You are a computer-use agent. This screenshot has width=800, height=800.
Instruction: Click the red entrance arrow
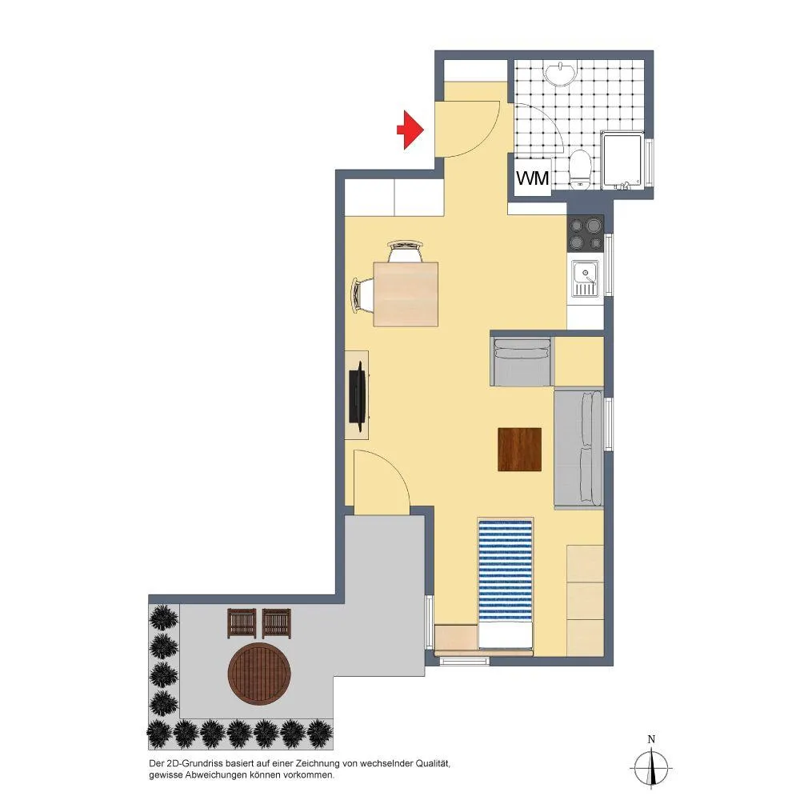click(x=410, y=130)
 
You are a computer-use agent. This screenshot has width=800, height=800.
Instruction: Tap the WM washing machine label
click(x=532, y=178)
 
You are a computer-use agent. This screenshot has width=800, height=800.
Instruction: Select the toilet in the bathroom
click(x=579, y=169)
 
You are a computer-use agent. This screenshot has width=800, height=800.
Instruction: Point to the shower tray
click(x=623, y=160)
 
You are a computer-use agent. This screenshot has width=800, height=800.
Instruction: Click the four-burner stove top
click(x=586, y=233)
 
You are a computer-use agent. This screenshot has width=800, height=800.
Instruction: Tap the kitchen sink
click(x=586, y=278)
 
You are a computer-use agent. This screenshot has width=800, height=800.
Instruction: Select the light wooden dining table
click(x=406, y=294)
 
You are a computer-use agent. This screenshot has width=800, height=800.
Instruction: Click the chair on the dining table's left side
click(x=362, y=295)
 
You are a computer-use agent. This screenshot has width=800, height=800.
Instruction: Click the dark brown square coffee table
click(x=519, y=449)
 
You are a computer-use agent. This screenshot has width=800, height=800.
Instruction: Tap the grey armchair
click(x=522, y=362)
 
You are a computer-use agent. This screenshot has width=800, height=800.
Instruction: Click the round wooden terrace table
click(x=259, y=674)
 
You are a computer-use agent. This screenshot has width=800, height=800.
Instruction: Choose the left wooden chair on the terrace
click(x=242, y=623)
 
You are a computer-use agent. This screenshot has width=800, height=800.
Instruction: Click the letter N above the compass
click(x=651, y=739)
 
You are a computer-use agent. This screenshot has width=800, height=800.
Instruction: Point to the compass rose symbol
click(x=651, y=767)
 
